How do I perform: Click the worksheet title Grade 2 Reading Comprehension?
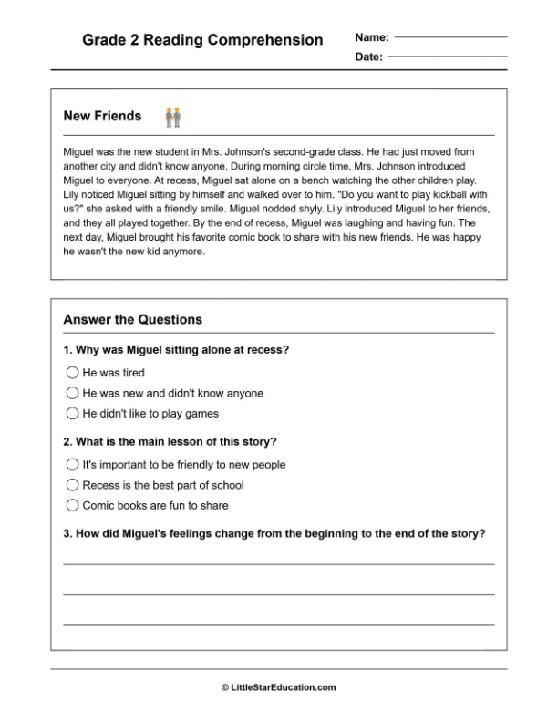click(202, 40)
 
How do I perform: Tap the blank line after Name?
click(450, 37)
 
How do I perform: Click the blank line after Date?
click(447, 57)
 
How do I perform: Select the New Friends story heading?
click(102, 116)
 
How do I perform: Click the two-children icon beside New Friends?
click(172, 117)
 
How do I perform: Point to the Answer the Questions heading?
click(132, 320)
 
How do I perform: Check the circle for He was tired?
click(73, 373)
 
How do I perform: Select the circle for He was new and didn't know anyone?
click(73, 393)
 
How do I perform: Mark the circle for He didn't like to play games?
click(73, 413)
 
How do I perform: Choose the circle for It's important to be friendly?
click(73, 464)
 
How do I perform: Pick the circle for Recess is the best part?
click(73, 485)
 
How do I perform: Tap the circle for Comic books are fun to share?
click(73, 505)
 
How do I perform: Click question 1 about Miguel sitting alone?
click(176, 349)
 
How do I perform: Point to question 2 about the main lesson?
click(170, 442)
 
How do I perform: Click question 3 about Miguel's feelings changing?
click(274, 533)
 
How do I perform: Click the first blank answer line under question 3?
click(278, 564)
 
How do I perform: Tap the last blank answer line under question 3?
click(278, 624)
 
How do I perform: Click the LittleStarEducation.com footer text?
click(278, 687)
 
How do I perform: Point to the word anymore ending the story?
click(184, 252)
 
